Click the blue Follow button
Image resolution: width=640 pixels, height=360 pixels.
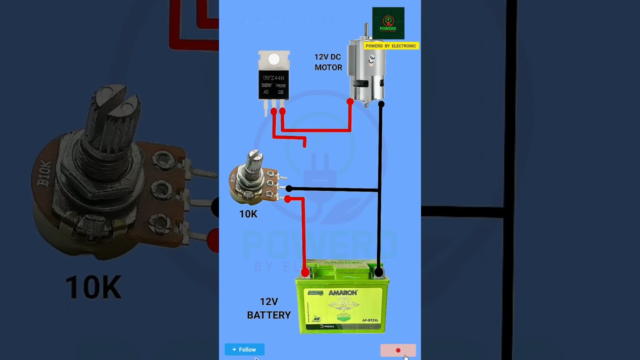pos(244,349)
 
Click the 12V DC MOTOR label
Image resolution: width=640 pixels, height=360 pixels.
pos(328,62)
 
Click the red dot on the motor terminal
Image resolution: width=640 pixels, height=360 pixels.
pos(350,102)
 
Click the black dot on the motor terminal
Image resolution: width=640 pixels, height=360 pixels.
pos(381,104)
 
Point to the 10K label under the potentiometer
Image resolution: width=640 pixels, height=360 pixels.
pos(248,214)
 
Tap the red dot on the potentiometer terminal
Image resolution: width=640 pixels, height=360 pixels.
pos(287,199)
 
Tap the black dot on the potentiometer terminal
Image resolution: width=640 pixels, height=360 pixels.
pos(288,188)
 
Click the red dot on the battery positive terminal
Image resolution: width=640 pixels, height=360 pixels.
pos(305,272)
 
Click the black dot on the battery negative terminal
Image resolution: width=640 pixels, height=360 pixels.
pos(378,272)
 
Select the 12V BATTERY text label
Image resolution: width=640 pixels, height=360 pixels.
pos(268,308)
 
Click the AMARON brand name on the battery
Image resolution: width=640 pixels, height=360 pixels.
pos(342,292)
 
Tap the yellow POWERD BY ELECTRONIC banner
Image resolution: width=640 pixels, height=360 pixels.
pos(390,46)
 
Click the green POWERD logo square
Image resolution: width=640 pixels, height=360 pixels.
pos(388,23)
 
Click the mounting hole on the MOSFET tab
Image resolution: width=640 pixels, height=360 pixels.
pos(273,59)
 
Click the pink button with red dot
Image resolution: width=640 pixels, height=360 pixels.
pos(398,350)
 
